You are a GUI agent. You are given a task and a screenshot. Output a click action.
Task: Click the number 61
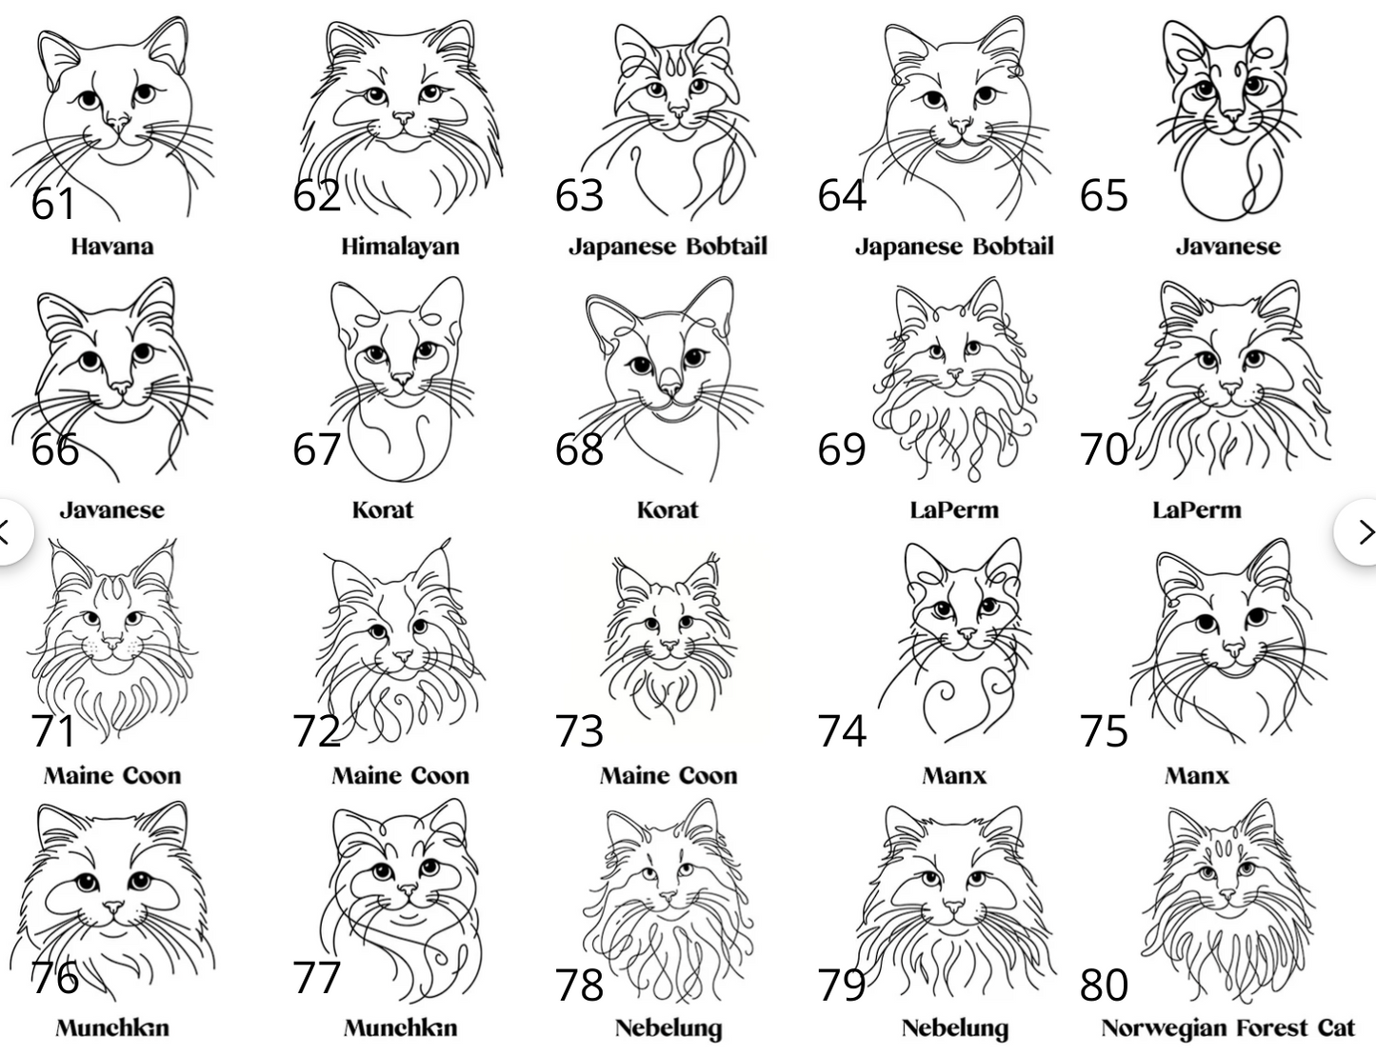53,204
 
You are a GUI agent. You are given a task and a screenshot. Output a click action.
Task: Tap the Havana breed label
112,247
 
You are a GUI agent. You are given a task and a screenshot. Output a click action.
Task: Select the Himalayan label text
400,247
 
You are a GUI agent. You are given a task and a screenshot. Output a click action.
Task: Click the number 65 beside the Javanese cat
1104,195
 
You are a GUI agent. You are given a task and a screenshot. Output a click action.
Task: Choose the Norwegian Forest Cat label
1227,1027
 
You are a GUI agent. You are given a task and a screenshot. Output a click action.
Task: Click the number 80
1104,986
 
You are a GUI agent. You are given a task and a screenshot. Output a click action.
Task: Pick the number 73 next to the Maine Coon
579,731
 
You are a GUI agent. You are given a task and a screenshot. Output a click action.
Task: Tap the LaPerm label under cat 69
954,510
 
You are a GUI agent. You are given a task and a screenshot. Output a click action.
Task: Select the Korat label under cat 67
383,510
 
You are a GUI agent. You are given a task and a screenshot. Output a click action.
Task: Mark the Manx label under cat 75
1197,776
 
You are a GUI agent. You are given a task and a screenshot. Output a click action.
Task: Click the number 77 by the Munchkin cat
316,978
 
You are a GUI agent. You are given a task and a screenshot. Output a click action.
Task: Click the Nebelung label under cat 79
955,1028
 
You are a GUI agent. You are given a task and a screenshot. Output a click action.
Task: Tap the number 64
842,195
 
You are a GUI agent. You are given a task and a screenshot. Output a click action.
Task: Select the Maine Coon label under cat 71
112,776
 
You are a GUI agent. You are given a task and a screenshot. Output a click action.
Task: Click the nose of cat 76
114,907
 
